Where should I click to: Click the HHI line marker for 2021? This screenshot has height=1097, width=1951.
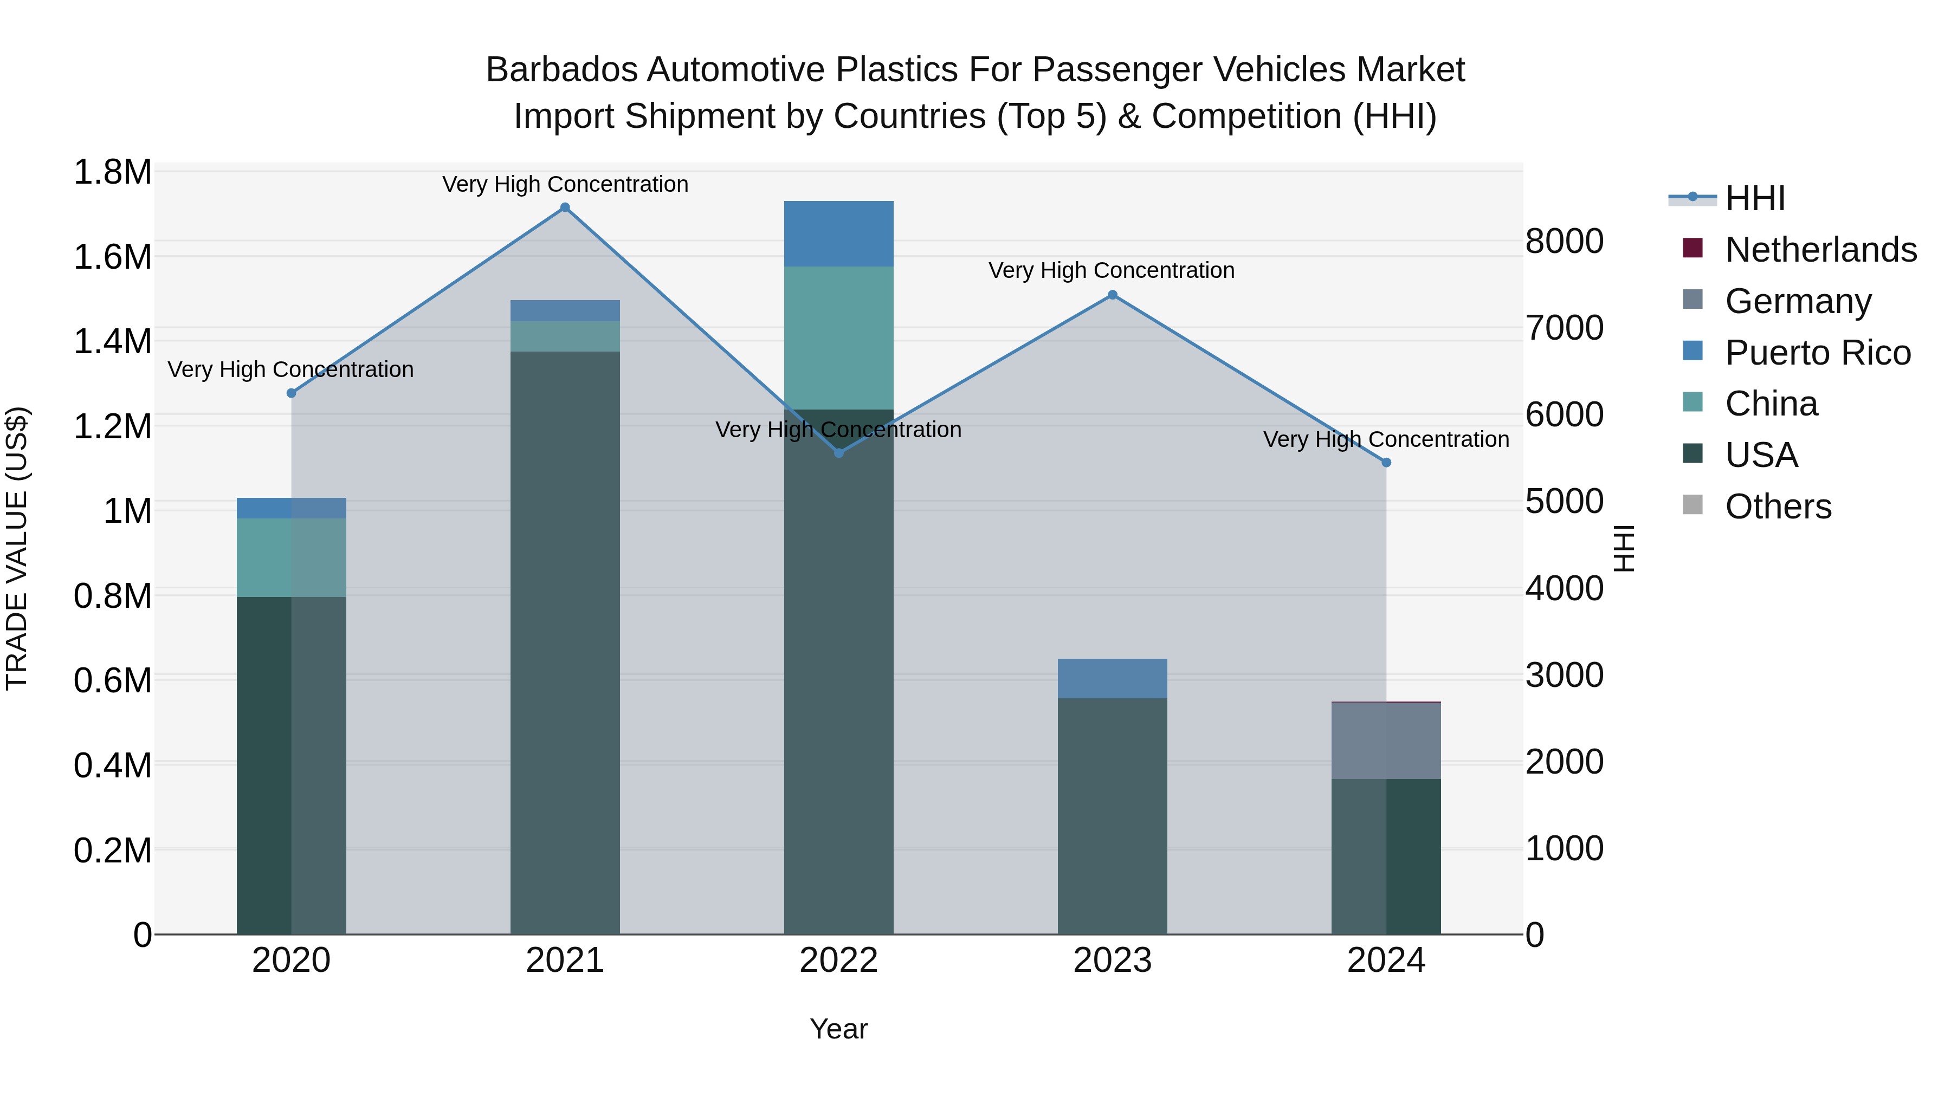tap(565, 207)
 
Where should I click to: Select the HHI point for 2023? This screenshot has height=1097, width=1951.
tap(1113, 295)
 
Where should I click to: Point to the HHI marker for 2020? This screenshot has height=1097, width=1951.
tap(292, 393)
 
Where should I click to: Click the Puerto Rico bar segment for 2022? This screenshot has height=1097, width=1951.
tap(838, 234)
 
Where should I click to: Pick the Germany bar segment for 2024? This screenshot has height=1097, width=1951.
tap(1386, 741)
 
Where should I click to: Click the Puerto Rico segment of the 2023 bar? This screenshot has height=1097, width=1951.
tap(1112, 678)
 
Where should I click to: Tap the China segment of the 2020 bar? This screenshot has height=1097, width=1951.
tap(292, 557)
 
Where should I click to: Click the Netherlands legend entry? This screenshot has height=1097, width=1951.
tap(1821, 250)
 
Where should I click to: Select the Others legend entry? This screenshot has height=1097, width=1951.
tap(1778, 507)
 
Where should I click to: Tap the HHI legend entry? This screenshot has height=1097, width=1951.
tap(1755, 198)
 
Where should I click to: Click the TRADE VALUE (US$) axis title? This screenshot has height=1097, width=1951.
tap(17, 548)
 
